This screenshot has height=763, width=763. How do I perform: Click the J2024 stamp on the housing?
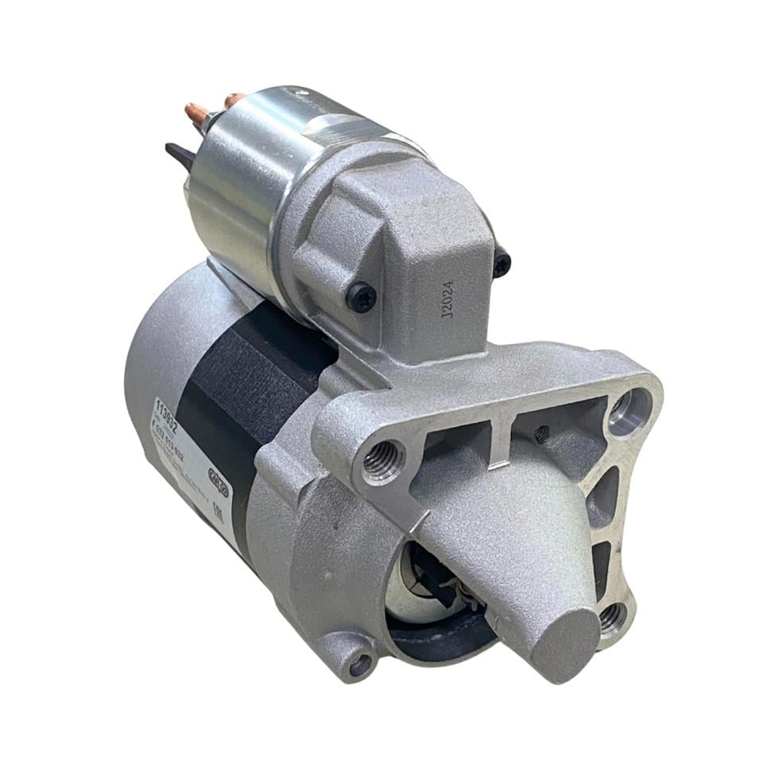(446, 299)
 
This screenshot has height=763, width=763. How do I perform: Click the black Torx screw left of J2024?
(361, 297)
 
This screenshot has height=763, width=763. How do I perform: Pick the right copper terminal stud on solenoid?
(234, 101)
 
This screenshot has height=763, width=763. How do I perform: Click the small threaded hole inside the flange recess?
(541, 433)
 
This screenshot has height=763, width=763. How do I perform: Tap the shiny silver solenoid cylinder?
(238, 183)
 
